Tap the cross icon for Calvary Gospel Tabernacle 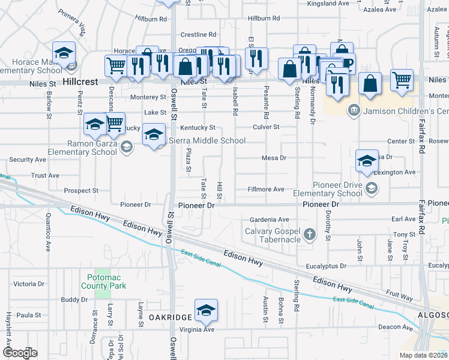point(310,233)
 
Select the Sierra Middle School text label point(207,140)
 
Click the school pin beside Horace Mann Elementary point(64,54)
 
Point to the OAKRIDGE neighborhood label point(170,317)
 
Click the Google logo point(20,353)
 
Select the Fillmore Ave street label point(266,189)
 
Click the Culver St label point(266,127)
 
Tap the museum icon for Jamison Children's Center point(354,110)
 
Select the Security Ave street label point(28,160)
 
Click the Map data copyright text point(423,355)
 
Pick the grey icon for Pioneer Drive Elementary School point(372,189)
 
